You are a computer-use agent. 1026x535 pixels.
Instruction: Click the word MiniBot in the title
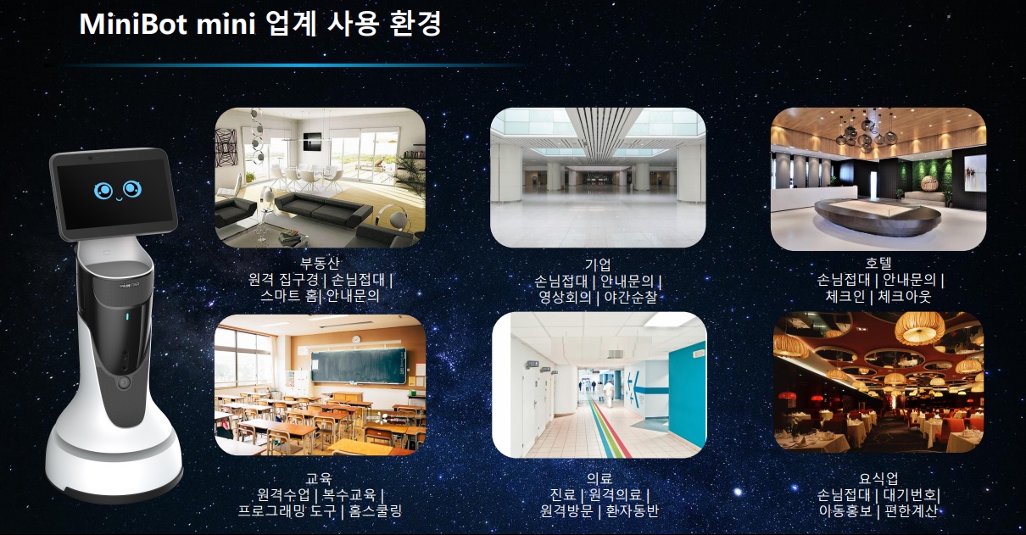[x=133, y=24]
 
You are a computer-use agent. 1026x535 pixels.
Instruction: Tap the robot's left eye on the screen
[x=103, y=191]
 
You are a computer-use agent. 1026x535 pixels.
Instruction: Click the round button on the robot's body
[x=124, y=382]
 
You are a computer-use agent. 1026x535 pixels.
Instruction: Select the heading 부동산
[x=320, y=263]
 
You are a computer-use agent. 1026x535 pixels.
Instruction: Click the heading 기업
[x=598, y=265]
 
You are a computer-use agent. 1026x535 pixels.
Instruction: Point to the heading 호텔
[x=878, y=263]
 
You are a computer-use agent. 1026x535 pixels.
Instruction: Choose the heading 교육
[x=320, y=479]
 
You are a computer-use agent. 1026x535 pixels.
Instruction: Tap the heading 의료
[x=599, y=479]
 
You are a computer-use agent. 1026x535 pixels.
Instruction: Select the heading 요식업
[x=878, y=479]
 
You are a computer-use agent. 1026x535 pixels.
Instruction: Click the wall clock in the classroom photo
[x=356, y=339]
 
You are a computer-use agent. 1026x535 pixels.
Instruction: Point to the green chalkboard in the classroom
[x=359, y=365]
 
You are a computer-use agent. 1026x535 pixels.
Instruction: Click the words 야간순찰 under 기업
[x=630, y=298]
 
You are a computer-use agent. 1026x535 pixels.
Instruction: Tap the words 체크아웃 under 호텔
[x=905, y=296]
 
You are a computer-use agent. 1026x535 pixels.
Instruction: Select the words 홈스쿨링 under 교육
[x=376, y=510]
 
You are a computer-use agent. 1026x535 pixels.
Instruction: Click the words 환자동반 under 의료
[x=633, y=510]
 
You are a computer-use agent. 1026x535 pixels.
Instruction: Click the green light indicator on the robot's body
[x=127, y=316]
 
